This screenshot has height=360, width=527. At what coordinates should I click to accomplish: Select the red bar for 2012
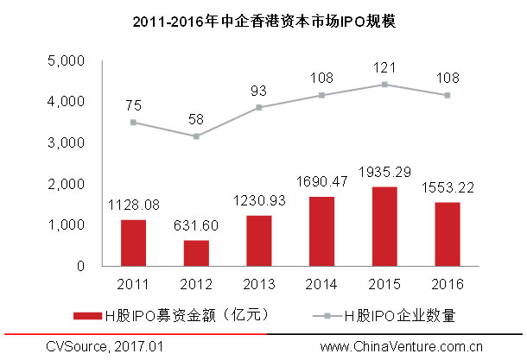coord(196,253)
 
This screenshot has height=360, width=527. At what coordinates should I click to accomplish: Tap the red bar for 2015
coord(383,226)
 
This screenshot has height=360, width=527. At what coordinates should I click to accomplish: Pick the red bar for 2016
coord(445,234)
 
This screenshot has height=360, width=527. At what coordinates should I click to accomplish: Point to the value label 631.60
coord(196,226)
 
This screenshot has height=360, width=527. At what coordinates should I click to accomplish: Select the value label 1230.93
coord(258,201)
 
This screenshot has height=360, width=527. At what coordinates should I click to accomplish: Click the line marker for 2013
coord(258,107)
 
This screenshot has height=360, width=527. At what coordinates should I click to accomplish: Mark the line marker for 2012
coord(196,136)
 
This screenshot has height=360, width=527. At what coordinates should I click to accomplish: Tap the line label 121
coord(383,66)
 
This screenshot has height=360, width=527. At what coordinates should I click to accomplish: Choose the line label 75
coord(134,104)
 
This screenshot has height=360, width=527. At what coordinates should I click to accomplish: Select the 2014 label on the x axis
coord(321,283)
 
